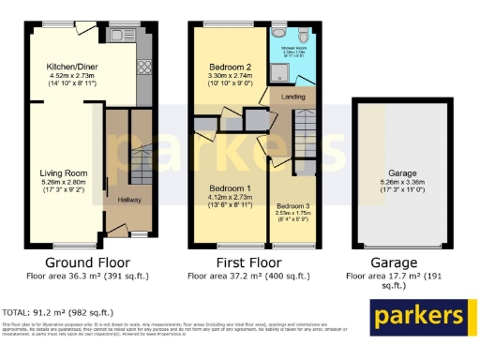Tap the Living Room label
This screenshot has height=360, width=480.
click(x=63, y=172)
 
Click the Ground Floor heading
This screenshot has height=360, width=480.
click(x=87, y=262)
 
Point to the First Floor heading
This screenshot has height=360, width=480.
click(x=249, y=262)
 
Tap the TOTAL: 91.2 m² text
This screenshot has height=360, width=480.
click(x=58, y=312)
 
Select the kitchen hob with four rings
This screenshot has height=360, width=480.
click(x=146, y=67)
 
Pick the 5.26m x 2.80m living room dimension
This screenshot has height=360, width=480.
click(x=63, y=184)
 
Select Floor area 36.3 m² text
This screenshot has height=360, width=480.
click(x=87, y=277)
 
